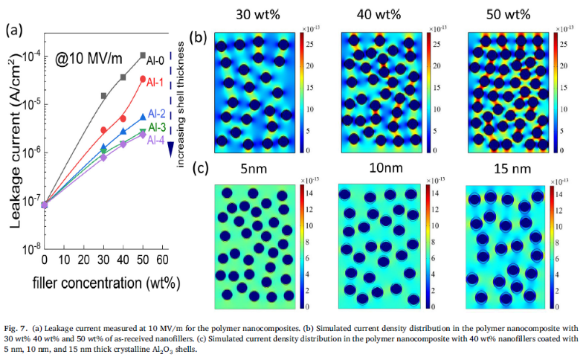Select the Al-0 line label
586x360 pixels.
156,60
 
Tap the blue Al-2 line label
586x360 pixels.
157,114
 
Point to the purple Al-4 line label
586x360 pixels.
155,139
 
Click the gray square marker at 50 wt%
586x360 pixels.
143,55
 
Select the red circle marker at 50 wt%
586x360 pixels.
143,79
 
